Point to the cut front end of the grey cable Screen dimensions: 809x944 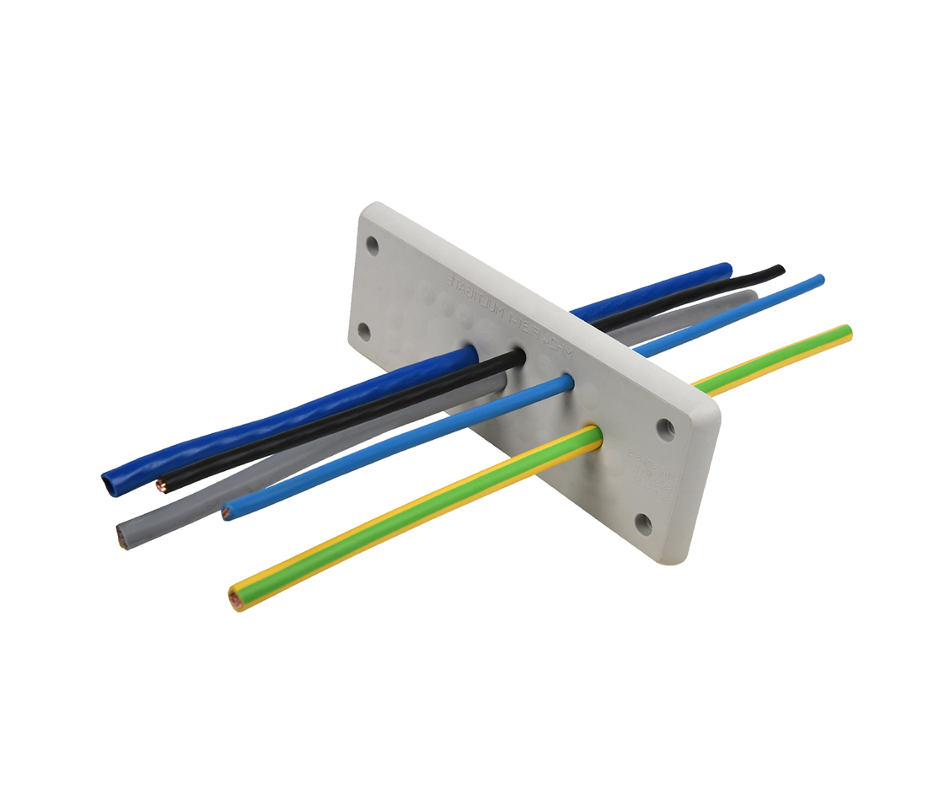[122, 535]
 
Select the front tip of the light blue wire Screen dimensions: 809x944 [227, 512]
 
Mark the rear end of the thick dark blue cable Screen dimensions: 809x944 [727, 269]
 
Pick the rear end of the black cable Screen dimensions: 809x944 [780, 270]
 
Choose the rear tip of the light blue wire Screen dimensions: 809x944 [820, 280]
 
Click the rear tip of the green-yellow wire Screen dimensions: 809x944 [848, 332]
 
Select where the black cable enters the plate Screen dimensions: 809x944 [516, 357]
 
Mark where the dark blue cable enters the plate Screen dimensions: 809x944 [469, 353]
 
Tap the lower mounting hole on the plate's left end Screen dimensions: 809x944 [364, 331]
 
